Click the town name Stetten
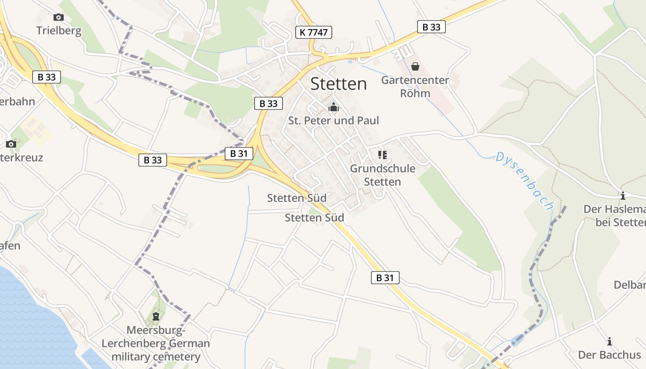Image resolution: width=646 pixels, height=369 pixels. pyautogui.click(x=339, y=84)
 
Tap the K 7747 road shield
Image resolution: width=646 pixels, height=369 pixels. pyautogui.click(x=314, y=32)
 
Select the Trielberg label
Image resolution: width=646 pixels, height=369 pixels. pyautogui.click(x=59, y=31)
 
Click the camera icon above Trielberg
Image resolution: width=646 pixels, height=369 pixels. pyautogui.click(x=58, y=18)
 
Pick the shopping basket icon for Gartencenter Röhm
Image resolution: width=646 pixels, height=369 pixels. pyautogui.click(x=415, y=67)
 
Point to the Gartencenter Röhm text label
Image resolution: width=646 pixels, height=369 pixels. pyautogui.click(x=415, y=87)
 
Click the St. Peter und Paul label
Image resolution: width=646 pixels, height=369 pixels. pyautogui.click(x=333, y=121)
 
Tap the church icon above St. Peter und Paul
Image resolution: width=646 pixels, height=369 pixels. pyautogui.click(x=333, y=108)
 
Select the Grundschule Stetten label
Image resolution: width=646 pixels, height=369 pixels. pyautogui.click(x=383, y=175)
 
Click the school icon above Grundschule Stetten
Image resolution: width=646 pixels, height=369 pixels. pyautogui.click(x=382, y=155)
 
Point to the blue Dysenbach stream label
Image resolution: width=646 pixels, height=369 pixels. pyautogui.click(x=524, y=180)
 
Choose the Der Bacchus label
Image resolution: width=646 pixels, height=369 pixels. pyautogui.click(x=609, y=355)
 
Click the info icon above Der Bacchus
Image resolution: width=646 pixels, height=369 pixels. pyautogui.click(x=610, y=341)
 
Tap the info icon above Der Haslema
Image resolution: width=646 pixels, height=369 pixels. pyautogui.click(x=622, y=196)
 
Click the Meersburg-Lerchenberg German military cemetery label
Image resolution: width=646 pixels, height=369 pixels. pyautogui.click(x=156, y=344)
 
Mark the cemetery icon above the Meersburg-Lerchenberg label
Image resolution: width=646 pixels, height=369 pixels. pyautogui.click(x=156, y=316)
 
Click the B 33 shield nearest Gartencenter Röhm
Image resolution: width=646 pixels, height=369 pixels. pyautogui.click(x=431, y=27)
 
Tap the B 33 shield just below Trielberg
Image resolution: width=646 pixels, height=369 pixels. pyautogui.click(x=47, y=77)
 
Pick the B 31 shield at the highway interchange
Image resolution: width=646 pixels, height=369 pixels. pyautogui.click(x=239, y=154)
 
